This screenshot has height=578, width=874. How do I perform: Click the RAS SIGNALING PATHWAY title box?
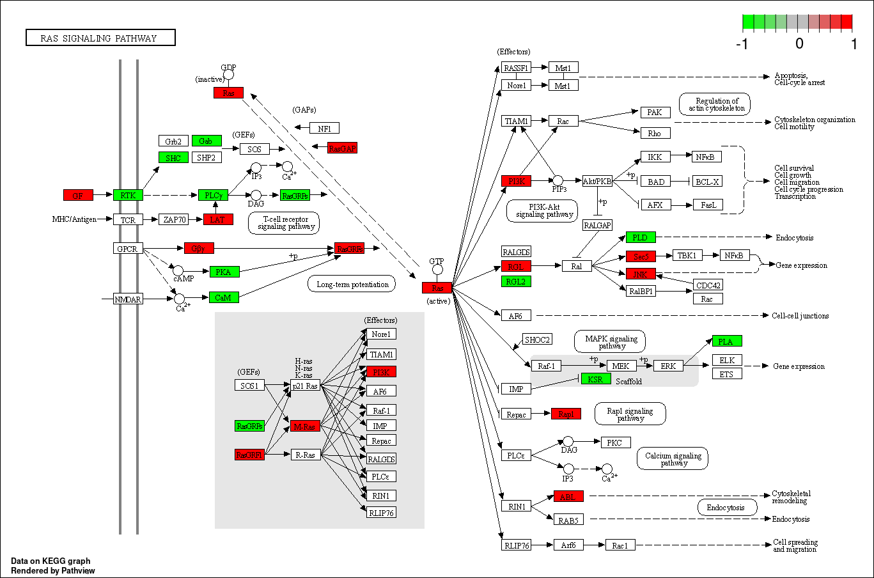click(100, 38)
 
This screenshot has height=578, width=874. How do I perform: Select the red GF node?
click(78, 195)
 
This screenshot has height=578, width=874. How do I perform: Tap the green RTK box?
click(128, 195)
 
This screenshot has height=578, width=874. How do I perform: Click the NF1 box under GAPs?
click(324, 128)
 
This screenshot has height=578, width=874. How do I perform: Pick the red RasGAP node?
click(342, 148)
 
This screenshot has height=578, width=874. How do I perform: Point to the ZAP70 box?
click(175, 219)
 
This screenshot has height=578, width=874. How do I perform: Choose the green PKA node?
click(224, 272)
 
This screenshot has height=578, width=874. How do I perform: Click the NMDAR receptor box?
click(127, 299)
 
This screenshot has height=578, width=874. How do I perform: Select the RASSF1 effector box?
click(516, 67)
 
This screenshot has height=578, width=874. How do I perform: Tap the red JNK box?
click(641, 274)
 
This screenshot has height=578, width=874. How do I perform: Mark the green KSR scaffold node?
click(595, 379)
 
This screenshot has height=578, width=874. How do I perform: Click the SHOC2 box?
click(537, 340)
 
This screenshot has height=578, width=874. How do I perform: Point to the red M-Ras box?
click(305, 426)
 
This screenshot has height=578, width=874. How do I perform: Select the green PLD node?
click(641, 237)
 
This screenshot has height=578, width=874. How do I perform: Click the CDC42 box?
click(708, 285)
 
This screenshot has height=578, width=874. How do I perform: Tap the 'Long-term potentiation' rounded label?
click(352, 284)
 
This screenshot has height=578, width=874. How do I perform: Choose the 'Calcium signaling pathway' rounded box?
click(673, 458)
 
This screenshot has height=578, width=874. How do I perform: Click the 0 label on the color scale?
click(799, 43)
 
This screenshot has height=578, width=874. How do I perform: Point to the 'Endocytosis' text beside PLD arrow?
click(795, 238)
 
